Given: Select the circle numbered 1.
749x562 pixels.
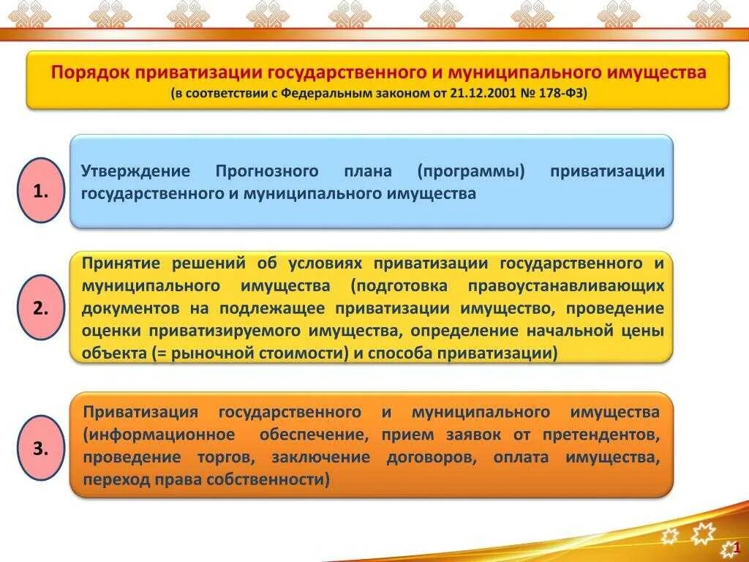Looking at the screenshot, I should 41,191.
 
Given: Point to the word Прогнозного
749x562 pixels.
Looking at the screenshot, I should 267,171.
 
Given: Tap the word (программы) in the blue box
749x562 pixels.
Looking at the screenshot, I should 472,171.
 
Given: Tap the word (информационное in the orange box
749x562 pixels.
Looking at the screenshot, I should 159,435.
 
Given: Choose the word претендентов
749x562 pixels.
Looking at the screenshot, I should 601,435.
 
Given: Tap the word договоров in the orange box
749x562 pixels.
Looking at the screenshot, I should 419,457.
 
